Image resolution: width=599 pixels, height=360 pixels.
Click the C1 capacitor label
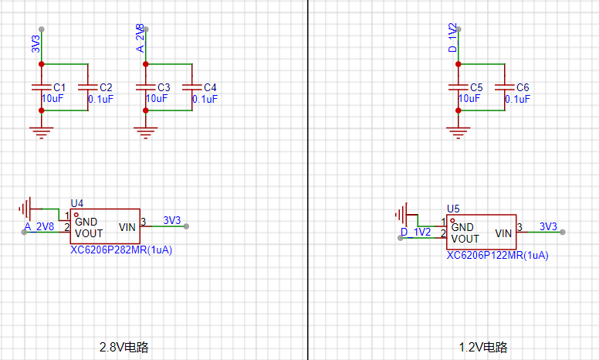point(59,87)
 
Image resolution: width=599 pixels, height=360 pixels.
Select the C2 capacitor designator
point(106,87)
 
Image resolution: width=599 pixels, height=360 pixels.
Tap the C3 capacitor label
point(163,87)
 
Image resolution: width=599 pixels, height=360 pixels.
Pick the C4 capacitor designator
point(210,87)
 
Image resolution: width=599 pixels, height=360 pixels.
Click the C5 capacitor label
point(475,87)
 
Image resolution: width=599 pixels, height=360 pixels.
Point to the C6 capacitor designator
point(523,87)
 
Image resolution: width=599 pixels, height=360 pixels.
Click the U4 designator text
point(76,203)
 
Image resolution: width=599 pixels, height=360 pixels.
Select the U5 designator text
point(453,209)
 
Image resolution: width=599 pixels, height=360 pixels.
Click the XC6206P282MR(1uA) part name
point(121,250)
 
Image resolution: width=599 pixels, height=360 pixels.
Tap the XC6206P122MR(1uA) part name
point(497,255)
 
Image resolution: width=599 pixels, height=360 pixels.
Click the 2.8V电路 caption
point(124,347)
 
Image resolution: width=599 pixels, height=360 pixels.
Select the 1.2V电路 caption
point(483,347)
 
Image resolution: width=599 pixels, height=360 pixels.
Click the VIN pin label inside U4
point(127,227)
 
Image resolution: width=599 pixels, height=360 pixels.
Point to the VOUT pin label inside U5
point(465,239)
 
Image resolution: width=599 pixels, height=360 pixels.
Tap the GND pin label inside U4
point(86,221)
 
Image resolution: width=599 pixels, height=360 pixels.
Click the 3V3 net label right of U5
point(548,226)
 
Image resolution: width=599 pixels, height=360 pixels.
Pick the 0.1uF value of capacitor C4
point(205,99)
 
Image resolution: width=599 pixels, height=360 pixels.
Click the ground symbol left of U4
point(26,208)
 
